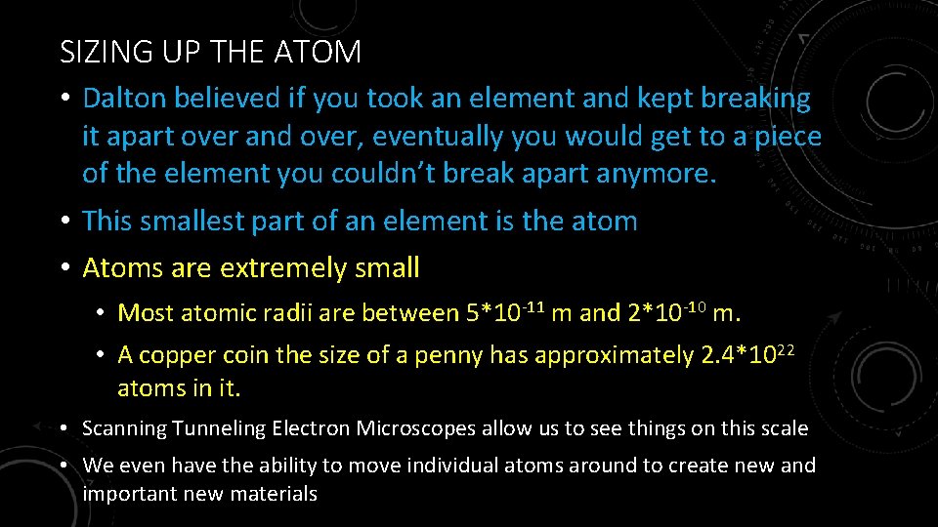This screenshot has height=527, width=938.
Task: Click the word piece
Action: [x=787, y=137]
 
